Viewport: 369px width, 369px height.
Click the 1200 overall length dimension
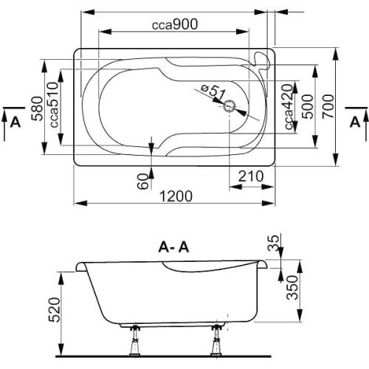pyautogui.click(x=176, y=196)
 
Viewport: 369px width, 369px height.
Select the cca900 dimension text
pyautogui.click(x=175, y=24)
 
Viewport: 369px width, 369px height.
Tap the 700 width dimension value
pyautogui.click(x=328, y=106)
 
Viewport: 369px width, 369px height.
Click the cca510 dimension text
pyautogui.click(x=54, y=105)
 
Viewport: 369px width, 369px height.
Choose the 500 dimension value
pyautogui.click(x=308, y=106)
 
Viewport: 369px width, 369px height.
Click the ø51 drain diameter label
pyautogui.click(x=213, y=92)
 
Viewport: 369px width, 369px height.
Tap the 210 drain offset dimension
pyautogui.click(x=251, y=176)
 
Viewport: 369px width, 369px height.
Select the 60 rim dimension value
pyautogui.click(x=143, y=182)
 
